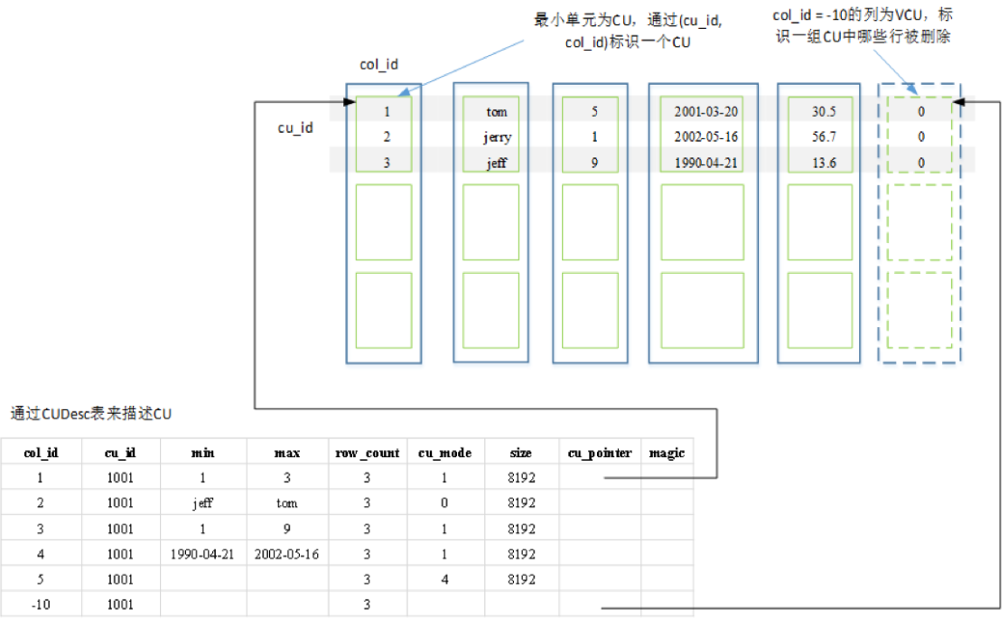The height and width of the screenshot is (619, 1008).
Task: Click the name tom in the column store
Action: (497, 112)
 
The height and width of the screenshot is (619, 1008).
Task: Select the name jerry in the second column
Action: (497, 137)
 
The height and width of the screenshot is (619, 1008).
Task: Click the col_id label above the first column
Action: (379, 65)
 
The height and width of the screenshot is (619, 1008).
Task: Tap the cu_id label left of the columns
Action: (295, 128)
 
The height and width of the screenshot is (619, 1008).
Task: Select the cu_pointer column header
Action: (600, 453)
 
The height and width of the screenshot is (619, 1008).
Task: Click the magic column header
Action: (667, 453)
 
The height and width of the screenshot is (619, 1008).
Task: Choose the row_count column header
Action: (368, 453)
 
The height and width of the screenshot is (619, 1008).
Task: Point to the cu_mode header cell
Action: (445, 453)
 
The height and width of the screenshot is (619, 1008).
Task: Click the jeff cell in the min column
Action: (202, 503)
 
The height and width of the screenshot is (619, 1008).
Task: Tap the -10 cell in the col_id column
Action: (41, 605)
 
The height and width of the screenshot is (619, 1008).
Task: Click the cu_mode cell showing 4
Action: (445, 579)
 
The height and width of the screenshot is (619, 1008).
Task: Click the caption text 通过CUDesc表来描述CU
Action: (90, 415)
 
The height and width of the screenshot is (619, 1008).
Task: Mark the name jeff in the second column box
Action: (497, 163)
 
